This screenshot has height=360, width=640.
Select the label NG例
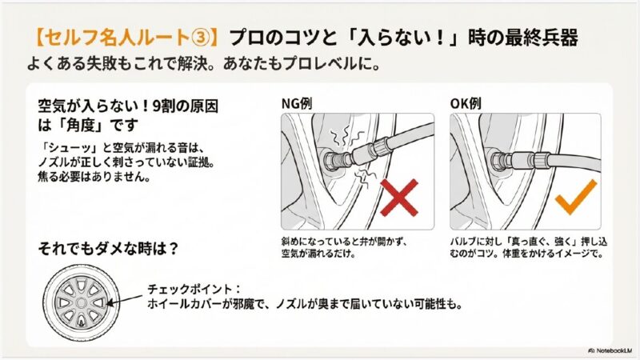pos(298,104)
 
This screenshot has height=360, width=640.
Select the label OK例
pos(466,104)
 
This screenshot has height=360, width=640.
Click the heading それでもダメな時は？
pos(109,247)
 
